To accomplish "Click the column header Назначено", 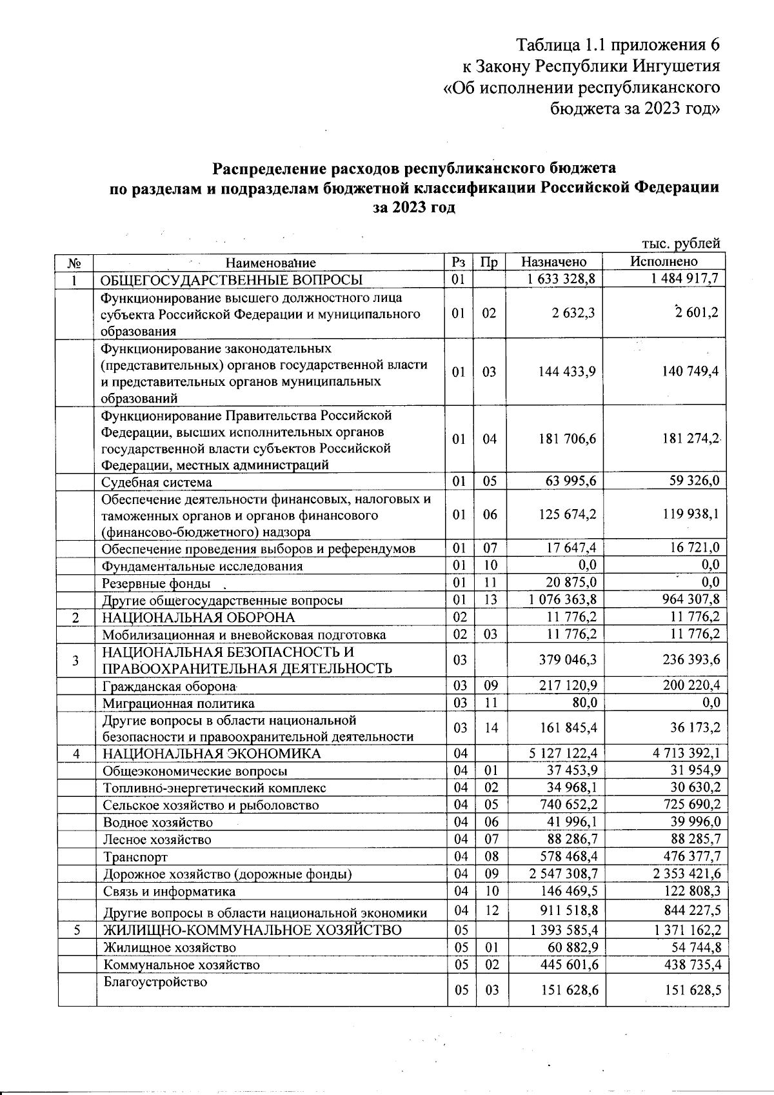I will [x=553, y=262].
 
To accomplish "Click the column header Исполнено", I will [x=664, y=261].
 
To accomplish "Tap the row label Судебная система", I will [x=157, y=482].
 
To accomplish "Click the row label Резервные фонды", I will [x=156, y=583].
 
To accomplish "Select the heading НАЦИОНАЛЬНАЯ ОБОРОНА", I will [x=198, y=617].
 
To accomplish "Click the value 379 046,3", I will [x=567, y=659].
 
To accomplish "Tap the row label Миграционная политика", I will [x=179, y=703].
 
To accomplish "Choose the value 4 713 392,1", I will [x=678, y=753].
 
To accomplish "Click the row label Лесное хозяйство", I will [x=157, y=839].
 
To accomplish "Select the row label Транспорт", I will [x=135, y=857].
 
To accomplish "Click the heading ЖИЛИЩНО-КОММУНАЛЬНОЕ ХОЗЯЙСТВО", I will [x=252, y=930].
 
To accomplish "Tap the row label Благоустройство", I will [x=155, y=982].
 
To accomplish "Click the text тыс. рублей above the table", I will [x=680, y=243].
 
